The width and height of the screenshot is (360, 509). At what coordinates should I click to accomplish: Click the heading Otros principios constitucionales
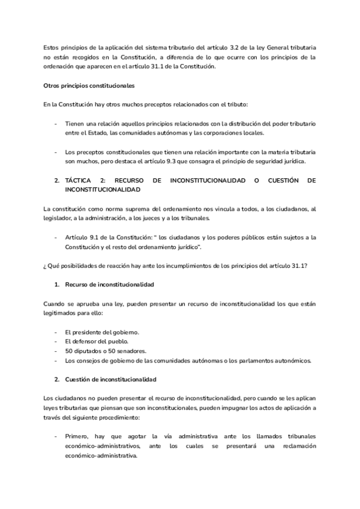[x=89, y=86]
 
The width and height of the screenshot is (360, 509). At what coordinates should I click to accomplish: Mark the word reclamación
[x=295, y=446]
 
